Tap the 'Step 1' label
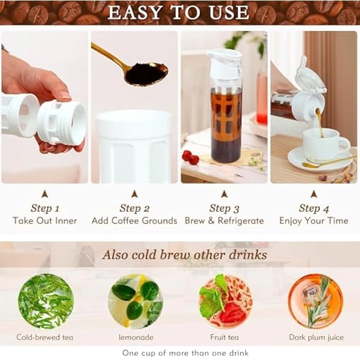click(45, 208)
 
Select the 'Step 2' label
click(134, 208)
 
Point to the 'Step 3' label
click(224, 208)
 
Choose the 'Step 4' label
click(313, 208)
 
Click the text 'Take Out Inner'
click(45, 221)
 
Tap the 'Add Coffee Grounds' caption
click(134, 221)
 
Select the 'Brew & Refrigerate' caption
click(224, 221)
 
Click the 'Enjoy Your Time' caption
click(313, 221)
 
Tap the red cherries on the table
click(190, 157)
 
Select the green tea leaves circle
click(46, 301)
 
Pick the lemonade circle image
click(136, 301)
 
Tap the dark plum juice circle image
click(316, 301)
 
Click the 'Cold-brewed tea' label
click(46, 337)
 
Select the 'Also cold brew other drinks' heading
click(184, 255)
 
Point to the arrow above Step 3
click(224, 194)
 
